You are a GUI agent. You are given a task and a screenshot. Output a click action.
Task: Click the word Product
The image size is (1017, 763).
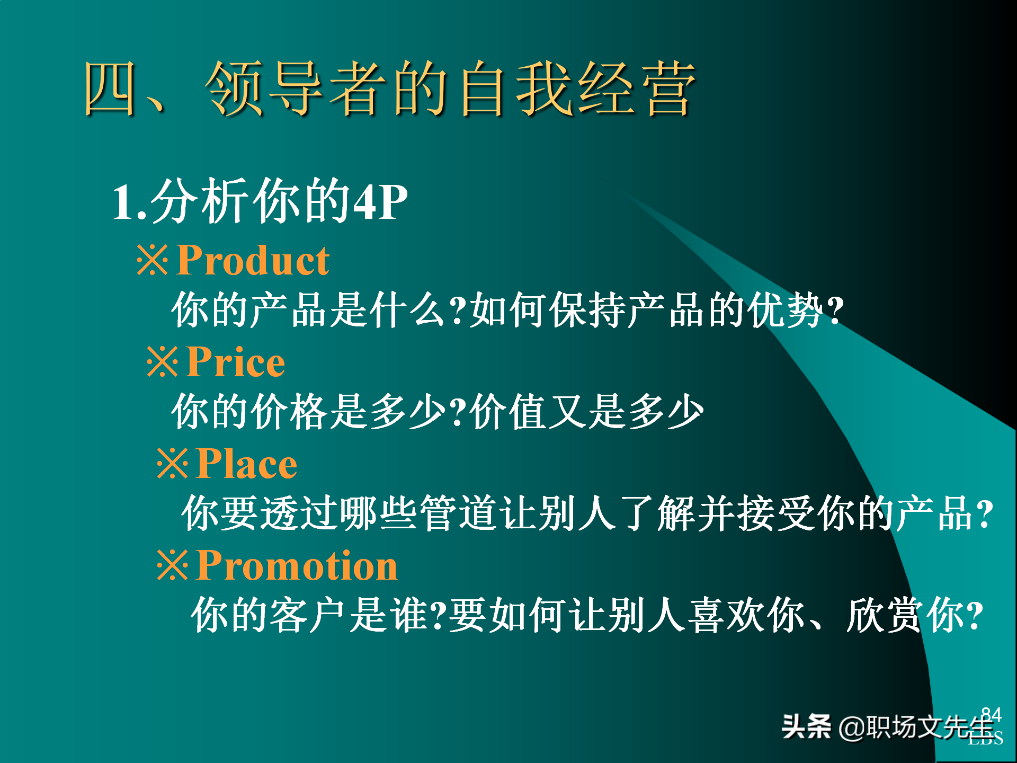pyautogui.click(x=253, y=260)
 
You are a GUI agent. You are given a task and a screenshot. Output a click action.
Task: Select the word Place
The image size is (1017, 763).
pyautogui.click(x=246, y=464)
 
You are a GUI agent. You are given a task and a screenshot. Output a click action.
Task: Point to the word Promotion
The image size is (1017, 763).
pyautogui.click(x=297, y=565)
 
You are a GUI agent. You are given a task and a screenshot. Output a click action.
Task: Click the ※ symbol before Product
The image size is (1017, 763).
pyautogui.click(x=153, y=260)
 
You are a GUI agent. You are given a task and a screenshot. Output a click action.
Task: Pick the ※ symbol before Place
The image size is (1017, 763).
pyautogui.click(x=172, y=464)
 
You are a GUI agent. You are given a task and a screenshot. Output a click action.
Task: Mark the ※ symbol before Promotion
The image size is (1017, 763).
pyautogui.click(x=172, y=565)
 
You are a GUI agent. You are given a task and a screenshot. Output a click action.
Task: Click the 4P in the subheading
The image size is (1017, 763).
pyautogui.click(x=380, y=202)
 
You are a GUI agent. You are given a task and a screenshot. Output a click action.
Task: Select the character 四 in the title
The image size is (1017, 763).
pyautogui.click(x=109, y=88)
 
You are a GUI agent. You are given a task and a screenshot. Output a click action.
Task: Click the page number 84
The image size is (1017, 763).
pyautogui.click(x=991, y=714)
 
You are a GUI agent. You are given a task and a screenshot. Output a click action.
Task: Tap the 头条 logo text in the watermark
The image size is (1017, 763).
pyautogui.click(x=806, y=726)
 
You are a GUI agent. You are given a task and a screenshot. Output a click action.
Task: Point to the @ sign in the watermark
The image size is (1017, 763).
pyautogui.click(x=851, y=727)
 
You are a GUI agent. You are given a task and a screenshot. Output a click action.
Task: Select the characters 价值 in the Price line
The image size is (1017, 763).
pyautogui.click(x=508, y=412)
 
